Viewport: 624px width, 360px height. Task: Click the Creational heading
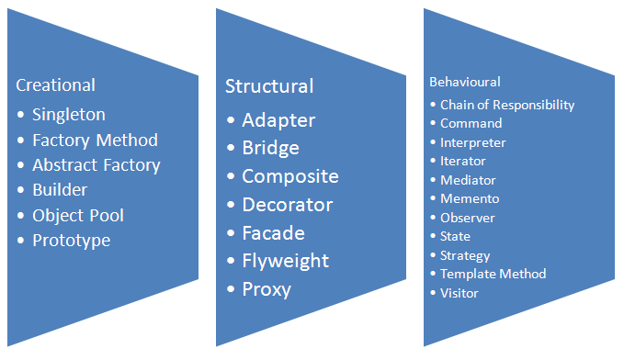[x=55, y=85]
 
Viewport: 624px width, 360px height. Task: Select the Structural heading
[x=269, y=86]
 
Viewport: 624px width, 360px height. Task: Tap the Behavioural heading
[x=465, y=82]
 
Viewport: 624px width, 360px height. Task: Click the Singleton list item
[x=69, y=115]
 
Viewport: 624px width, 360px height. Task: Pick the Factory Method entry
[x=95, y=141]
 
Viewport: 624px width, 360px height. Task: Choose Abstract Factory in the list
[x=96, y=165]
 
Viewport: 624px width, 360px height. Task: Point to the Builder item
[x=60, y=190]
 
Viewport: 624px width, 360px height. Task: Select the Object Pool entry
[x=78, y=216]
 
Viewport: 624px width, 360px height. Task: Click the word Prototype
[x=72, y=241]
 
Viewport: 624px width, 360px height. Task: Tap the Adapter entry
[x=278, y=120]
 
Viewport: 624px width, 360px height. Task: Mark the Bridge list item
[x=270, y=148]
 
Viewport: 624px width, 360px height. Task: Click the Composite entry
[x=290, y=176]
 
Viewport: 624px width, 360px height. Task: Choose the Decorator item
[x=288, y=205]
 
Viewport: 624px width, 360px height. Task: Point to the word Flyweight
[x=285, y=261]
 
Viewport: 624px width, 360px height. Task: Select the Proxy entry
[x=267, y=289]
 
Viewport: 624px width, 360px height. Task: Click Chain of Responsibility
[x=507, y=105]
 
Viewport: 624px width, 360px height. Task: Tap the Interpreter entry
[x=473, y=142]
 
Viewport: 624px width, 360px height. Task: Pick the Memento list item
[x=470, y=198]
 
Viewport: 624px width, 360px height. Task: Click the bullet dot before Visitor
[x=434, y=294]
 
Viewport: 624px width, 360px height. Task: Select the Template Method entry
[x=494, y=274]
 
